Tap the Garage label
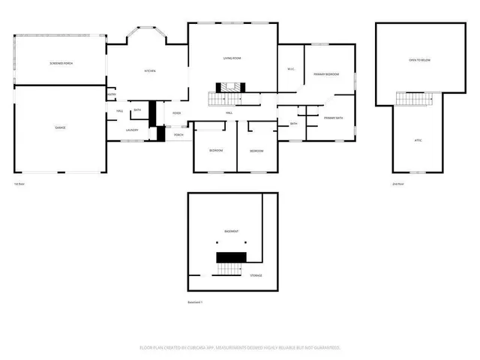click(x=60, y=127)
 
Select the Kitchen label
click(x=149, y=71)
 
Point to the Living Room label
click(x=231, y=58)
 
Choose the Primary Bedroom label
click(x=327, y=74)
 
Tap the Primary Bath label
click(x=334, y=118)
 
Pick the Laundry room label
click(x=132, y=130)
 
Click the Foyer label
click(x=177, y=113)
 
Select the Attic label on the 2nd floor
click(x=418, y=140)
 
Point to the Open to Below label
click(x=418, y=59)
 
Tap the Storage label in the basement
click(x=256, y=276)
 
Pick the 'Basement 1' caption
click(x=196, y=302)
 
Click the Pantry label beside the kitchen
click(x=112, y=94)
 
